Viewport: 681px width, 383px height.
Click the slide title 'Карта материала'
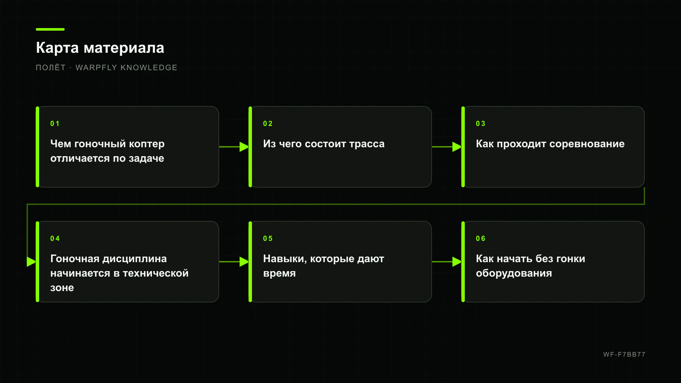pos(100,48)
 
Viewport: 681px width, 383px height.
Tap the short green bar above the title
pos(50,29)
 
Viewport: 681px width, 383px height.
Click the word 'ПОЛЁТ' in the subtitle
pos(51,67)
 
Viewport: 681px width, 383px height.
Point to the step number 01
pos(55,124)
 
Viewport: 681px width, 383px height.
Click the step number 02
pos(268,124)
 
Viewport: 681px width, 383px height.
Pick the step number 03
pos(481,124)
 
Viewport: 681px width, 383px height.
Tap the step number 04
pos(55,239)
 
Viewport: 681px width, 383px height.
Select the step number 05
pos(268,239)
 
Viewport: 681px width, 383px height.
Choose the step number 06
pos(481,239)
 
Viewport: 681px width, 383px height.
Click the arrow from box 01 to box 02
pos(234,147)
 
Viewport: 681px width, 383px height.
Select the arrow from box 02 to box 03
pos(446,147)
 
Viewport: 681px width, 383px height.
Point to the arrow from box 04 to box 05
pos(234,262)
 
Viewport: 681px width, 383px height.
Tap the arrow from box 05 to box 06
pos(446,262)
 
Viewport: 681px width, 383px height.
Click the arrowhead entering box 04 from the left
pos(31,262)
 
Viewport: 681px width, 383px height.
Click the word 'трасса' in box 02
pos(366,144)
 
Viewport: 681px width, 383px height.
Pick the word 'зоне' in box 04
pos(62,288)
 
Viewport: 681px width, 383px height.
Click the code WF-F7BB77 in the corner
pos(624,354)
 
